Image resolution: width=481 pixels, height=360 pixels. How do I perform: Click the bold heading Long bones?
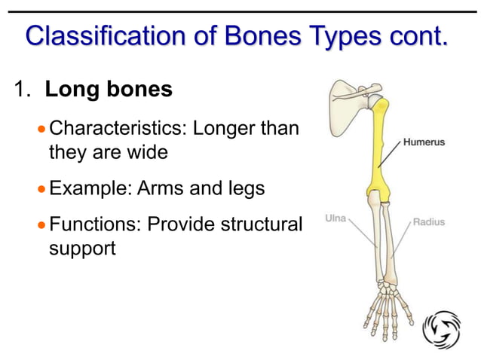(109, 90)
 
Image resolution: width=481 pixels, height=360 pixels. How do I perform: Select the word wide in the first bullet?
(146, 151)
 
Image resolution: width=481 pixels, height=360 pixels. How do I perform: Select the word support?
(82, 248)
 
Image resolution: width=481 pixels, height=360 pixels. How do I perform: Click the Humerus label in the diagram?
(424, 142)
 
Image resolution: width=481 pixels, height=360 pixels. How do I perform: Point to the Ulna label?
(335, 218)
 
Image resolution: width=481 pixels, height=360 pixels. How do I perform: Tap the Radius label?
(429, 222)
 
